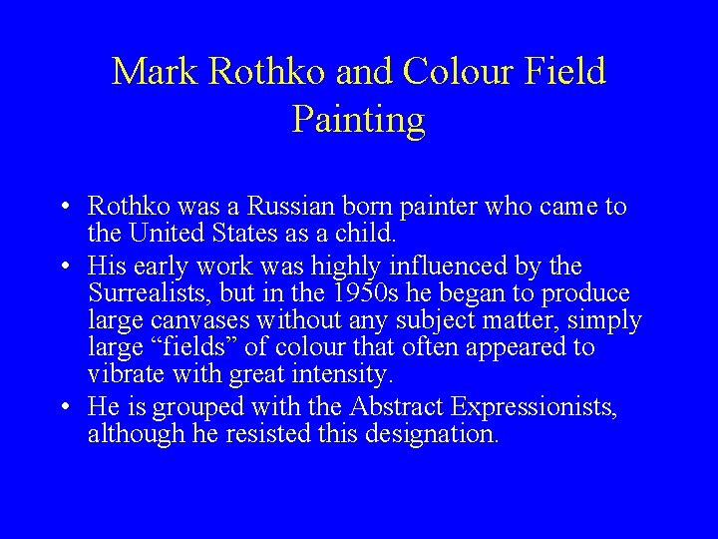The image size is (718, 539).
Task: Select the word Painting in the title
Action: click(359, 119)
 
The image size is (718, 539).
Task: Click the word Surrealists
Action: click(147, 294)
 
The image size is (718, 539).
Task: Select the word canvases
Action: click(203, 321)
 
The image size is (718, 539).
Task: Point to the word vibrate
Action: click(124, 376)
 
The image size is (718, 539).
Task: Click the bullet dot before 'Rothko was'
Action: click(63, 209)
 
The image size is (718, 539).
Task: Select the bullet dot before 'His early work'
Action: click(63, 268)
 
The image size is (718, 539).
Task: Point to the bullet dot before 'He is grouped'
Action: click(63, 407)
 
